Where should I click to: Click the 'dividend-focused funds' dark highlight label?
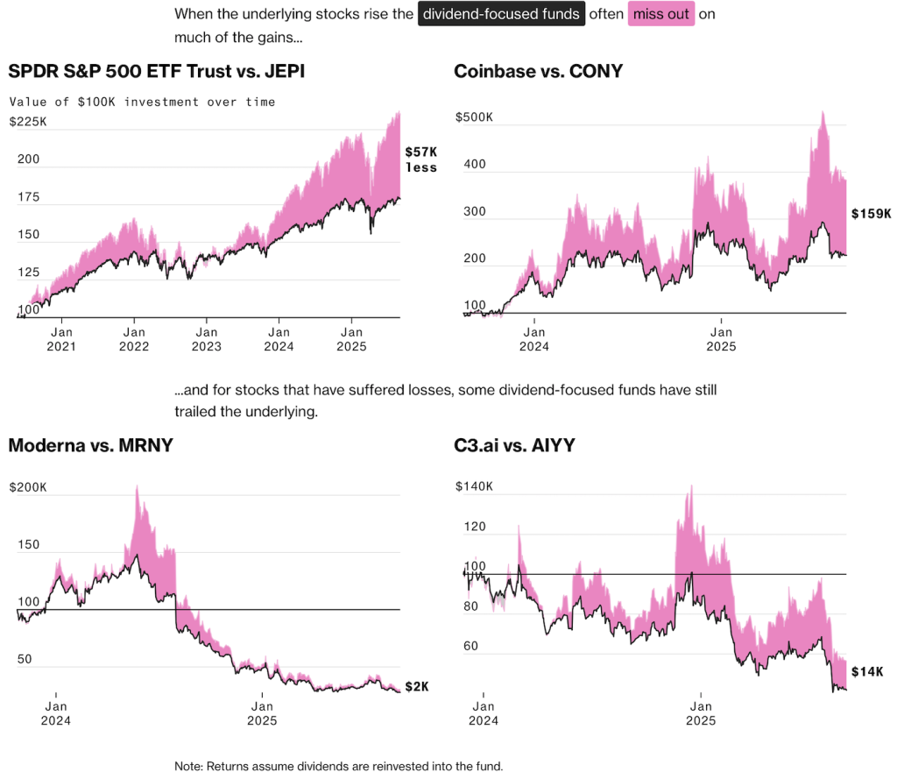pyautogui.click(x=501, y=14)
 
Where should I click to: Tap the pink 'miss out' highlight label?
pyautogui.click(x=661, y=14)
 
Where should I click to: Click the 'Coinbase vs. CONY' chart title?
pyautogui.click(x=538, y=71)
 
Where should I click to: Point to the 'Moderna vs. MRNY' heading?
pyautogui.click(x=90, y=444)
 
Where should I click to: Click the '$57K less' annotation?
pyautogui.click(x=420, y=159)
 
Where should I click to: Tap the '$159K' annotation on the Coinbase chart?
pyautogui.click(x=871, y=213)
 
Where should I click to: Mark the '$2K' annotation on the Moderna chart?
pyautogui.click(x=417, y=686)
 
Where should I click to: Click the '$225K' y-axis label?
pyautogui.click(x=28, y=122)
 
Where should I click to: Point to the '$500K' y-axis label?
pyautogui.click(x=477, y=117)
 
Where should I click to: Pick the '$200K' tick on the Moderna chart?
pyautogui.click(x=28, y=487)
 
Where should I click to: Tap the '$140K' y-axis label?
pyautogui.click(x=474, y=487)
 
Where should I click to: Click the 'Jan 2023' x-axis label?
pyautogui.click(x=207, y=339)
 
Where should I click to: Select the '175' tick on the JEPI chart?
pyautogui.click(x=28, y=198)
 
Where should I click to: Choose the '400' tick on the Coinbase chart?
pyautogui.click(x=474, y=165)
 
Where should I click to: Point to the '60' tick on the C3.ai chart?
pyautogui.click(x=472, y=647)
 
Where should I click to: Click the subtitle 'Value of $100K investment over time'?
pyautogui.click(x=142, y=102)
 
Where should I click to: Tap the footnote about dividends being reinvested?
pyautogui.click(x=339, y=766)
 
